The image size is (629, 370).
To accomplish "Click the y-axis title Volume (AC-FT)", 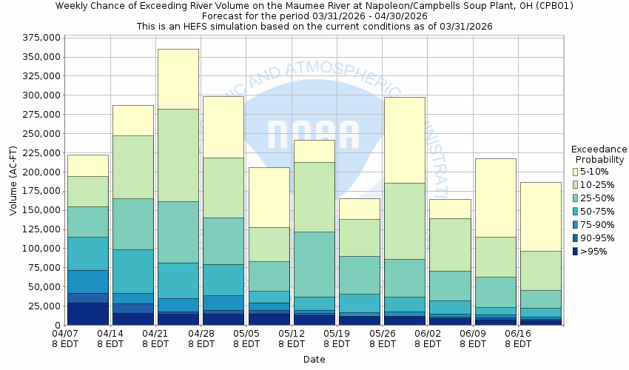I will tap(13, 181).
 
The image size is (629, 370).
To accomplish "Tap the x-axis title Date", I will tap(314, 360).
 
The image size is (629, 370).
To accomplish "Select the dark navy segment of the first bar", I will tap(87, 313).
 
